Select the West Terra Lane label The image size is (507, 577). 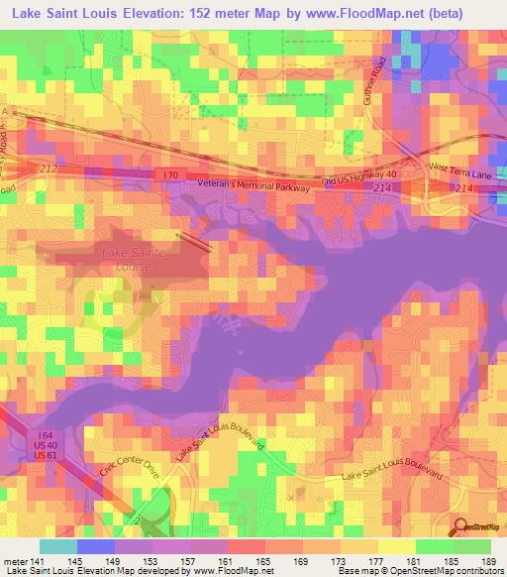tap(459, 173)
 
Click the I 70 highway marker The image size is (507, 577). tap(169, 175)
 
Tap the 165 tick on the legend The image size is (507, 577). tap(264, 560)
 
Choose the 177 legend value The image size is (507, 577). tap(377, 560)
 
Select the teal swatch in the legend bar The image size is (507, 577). tap(57, 546)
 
